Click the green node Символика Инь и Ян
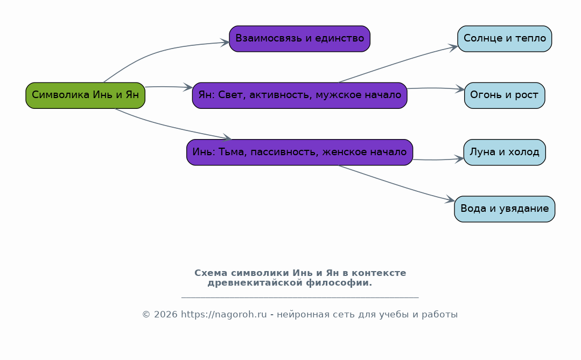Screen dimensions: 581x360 pos(85,95)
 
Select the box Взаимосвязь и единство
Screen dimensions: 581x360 pos(299,39)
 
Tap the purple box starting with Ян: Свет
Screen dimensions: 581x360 pos(299,95)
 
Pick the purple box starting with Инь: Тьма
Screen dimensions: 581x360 pos(299,152)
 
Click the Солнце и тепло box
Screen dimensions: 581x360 pos(505,39)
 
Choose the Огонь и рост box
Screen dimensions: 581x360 pos(505,95)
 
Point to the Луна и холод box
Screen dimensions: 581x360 pos(505,152)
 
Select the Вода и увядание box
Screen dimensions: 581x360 pos(505,209)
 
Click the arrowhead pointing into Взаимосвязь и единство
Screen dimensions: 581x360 pos(225,42)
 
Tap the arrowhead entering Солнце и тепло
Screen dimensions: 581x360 pos(453,47)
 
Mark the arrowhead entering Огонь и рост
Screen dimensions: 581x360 pos(460,89)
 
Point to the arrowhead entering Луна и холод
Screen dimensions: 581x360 pos(459,158)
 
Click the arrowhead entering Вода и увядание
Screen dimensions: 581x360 pos(450,199)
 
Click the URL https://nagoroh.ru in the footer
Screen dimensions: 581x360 pos(224,314)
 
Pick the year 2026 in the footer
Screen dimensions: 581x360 pos(166,314)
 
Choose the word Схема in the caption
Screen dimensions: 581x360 pos(211,273)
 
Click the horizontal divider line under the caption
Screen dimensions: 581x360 pos(300,297)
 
